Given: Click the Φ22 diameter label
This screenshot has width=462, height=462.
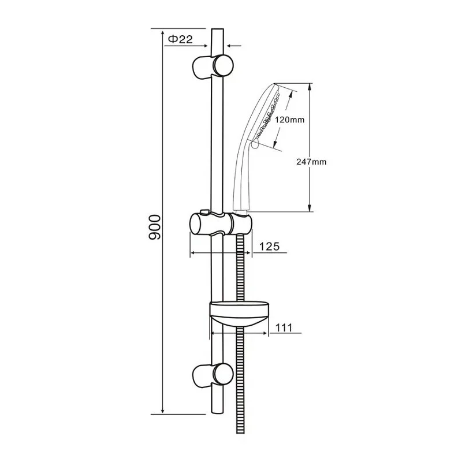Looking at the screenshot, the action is (x=180, y=39).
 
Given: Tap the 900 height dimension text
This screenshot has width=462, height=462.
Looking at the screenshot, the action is (x=155, y=227).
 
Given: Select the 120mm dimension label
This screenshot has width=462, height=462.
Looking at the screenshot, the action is (x=289, y=120).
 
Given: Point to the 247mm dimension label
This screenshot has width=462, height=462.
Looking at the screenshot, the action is (x=311, y=162).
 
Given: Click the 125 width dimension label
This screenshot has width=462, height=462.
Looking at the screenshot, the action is (x=269, y=247).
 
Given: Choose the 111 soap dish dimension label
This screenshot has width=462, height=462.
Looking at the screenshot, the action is (x=284, y=327).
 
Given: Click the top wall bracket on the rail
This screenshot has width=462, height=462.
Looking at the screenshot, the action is (x=213, y=66).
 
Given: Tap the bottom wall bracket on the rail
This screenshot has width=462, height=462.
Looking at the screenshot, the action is (x=213, y=375).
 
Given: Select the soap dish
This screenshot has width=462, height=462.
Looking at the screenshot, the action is (x=239, y=314).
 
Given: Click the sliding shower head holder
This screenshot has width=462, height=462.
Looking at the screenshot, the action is (x=221, y=224).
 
